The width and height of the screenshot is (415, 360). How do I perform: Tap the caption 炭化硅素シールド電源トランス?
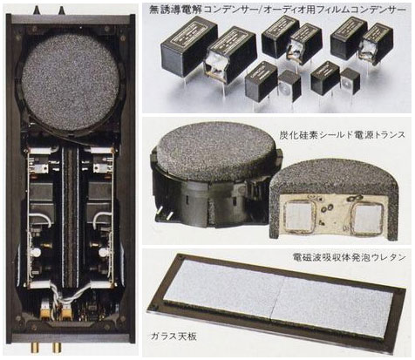coord(343,135)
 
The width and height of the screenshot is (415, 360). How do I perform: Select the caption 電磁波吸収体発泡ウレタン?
coord(349,257)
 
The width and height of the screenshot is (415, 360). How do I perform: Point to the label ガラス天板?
coord(173,336)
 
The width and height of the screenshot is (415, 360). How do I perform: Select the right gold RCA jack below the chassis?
coord(57,347)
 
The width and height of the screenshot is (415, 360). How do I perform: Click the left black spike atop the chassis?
coord(37,10)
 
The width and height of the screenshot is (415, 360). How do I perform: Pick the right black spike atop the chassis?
coord(62,10)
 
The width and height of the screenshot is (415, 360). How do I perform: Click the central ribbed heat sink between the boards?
coord(71,215)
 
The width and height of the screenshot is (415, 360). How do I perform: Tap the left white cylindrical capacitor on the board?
coord(37,252)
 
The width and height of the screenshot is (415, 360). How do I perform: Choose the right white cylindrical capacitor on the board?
coord(103,252)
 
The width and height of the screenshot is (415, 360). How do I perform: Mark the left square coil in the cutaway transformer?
coord(298,216)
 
